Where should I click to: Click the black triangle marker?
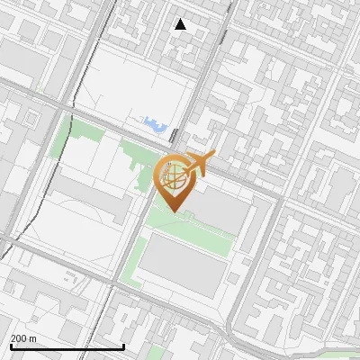tap(181, 24)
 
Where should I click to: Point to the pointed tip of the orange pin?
tap(174, 212)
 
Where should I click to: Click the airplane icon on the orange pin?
tap(200, 164)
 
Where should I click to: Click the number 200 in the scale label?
tap(19, 338)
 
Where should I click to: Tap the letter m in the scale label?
tap(33, 338)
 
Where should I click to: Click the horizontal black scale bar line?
tap(67, 346)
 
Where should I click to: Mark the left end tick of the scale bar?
tap(10, 346)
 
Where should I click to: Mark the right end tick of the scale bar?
tap(123, 346)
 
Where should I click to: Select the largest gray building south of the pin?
tap(184, 265)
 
